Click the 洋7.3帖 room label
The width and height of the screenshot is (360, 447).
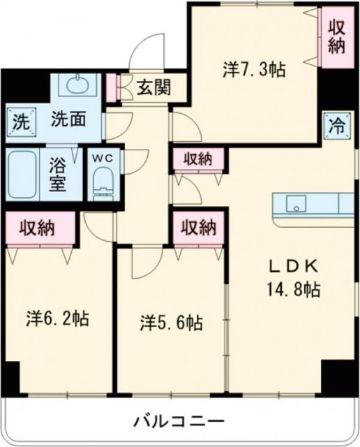click(x=253, y=69)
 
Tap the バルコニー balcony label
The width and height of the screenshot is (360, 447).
click(x=179, y=421)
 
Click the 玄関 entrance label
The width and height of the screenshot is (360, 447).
click(x=151, y=88)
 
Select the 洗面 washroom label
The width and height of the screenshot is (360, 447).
click(x=68, y=119)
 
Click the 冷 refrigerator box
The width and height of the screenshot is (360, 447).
click(x=337, y=126)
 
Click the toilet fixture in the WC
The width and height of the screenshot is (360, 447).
click(x=103, y=181)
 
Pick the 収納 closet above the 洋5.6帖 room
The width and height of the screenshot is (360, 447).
click(x=200, y=227)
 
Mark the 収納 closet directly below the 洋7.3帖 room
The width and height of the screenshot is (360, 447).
click(x=200, y=159)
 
